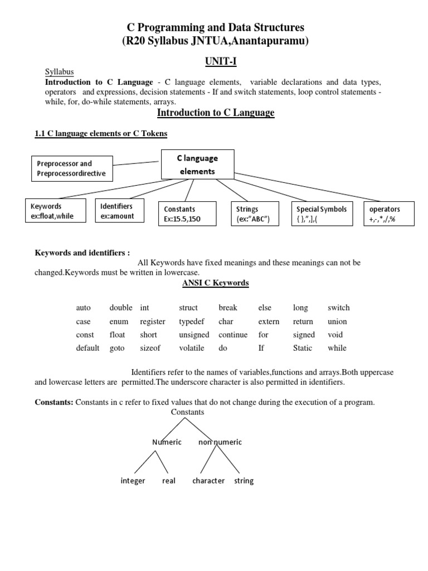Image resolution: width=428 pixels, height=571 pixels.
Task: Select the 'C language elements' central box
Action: [x=197, y=164]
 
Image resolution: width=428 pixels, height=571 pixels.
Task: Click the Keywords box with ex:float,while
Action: [x=55, y=211]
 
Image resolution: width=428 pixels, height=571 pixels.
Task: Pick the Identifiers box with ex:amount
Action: [x=118, y=211]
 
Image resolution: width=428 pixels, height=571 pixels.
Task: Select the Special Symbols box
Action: [x=322, y=214]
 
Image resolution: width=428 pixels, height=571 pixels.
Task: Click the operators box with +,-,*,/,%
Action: [x=388, y=214]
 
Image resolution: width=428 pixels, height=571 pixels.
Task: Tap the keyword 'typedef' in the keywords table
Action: [x=192, y=322]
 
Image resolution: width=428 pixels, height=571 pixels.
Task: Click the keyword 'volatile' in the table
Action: [x=192, y=348]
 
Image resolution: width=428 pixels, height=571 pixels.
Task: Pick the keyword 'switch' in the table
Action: [x=339, y=308]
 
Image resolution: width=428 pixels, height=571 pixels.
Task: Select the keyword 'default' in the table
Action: [x=87, y=348]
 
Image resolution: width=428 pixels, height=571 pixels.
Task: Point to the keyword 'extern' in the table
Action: [x=269, y=322]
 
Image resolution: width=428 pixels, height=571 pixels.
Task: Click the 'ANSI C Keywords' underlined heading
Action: [x=215, y=283]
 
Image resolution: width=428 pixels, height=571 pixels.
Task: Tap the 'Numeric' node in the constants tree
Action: [x=167, y=442]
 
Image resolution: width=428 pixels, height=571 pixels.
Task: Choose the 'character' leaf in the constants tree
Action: [x=208, y=481]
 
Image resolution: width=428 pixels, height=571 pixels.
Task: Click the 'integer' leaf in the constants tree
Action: [x=133, y=481]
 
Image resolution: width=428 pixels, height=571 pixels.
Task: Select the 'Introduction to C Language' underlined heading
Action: [x=216, y=113]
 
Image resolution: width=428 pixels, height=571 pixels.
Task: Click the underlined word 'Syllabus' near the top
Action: [x=59, y=72]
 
